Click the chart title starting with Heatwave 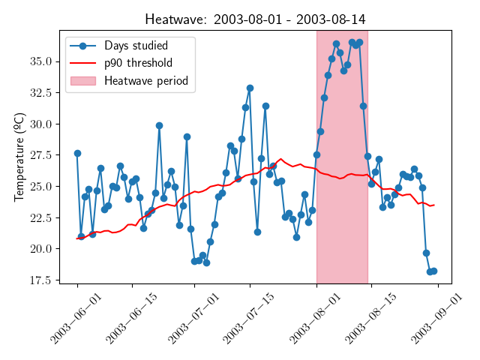coord(255,19)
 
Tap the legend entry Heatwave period coord(146,80)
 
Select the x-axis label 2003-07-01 coord(185,319)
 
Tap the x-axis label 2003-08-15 coord(363,319)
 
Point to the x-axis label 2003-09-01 coord(430,319)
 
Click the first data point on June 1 coord(77,153)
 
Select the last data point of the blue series coord(433,271)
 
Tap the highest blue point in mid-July coord(250,88)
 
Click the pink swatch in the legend coord(82,80)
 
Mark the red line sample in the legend coord(82,63)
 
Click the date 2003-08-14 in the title coord(331,19)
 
